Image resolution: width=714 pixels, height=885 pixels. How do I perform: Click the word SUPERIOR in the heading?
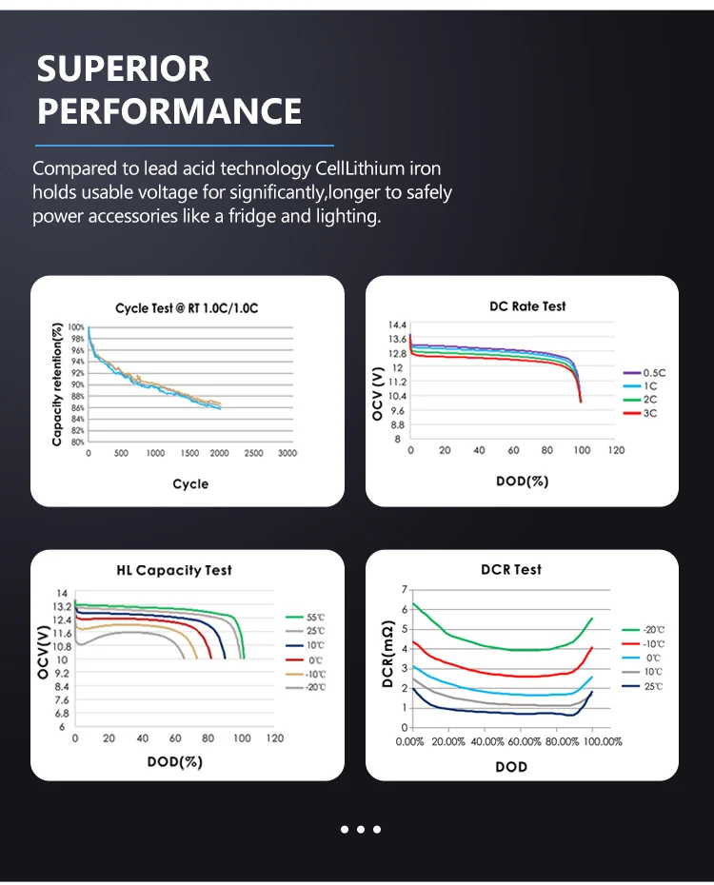pyautogui.click(x=124, y=69)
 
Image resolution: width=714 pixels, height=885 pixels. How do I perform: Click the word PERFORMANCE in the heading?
pyautogui.click(x=169, y=111)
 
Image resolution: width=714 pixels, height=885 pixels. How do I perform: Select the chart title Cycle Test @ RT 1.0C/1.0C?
pyautogui.click(x=188, y=308)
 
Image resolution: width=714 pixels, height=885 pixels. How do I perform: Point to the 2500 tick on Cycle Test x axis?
pyautogui.click(x=253, y=454)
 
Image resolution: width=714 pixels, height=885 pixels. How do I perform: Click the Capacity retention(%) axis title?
pyautogui.click(x=57, y=384)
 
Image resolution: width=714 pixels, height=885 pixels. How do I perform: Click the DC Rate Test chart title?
pyautogui.click(x=521, y=306)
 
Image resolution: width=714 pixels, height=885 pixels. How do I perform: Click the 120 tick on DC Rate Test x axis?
pyautogui.click(x=616, y=450)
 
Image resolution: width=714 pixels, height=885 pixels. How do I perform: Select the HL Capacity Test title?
pyautogui.click(x=174, y=570)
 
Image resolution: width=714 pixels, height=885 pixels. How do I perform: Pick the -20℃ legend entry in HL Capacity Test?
pyautogui.click(x=317, y=687)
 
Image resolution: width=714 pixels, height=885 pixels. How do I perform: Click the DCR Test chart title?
pyautogui.click(x=511, y=569)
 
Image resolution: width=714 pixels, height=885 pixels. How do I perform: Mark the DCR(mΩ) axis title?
pyautogui.click(x=387, y=657)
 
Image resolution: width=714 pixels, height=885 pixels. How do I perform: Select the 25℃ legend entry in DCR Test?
pyautogui.click(x=653, y=686)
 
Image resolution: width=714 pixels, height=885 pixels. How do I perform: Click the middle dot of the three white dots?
pyautogui.click(x=361, y=829)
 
